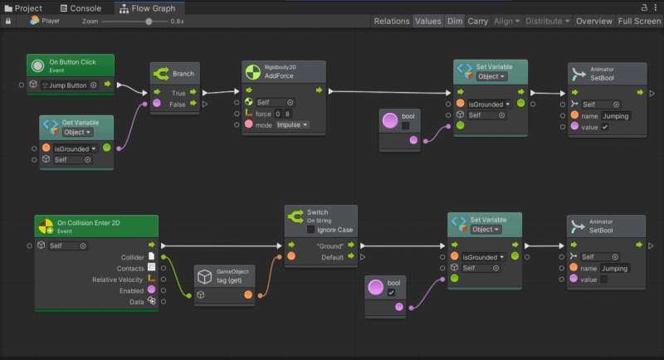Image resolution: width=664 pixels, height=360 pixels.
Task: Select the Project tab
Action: click(x=28, y=8)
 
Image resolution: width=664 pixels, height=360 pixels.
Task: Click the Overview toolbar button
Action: click(x=593, y=22)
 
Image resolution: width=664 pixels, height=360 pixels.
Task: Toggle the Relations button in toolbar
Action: click(x=391, y=22)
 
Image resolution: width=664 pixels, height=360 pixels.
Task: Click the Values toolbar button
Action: click(x=427, y=22)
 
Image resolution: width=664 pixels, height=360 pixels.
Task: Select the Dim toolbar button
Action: click(x=454, y=22)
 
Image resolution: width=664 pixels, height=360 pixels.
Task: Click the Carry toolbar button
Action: click(x=477, y=22)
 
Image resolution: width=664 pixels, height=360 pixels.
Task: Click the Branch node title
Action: click(x=183, y=74)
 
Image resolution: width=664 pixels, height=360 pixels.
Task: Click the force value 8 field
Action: click(x=287, y=114)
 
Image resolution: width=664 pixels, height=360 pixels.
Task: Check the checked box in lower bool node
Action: click(x=391, y=293)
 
